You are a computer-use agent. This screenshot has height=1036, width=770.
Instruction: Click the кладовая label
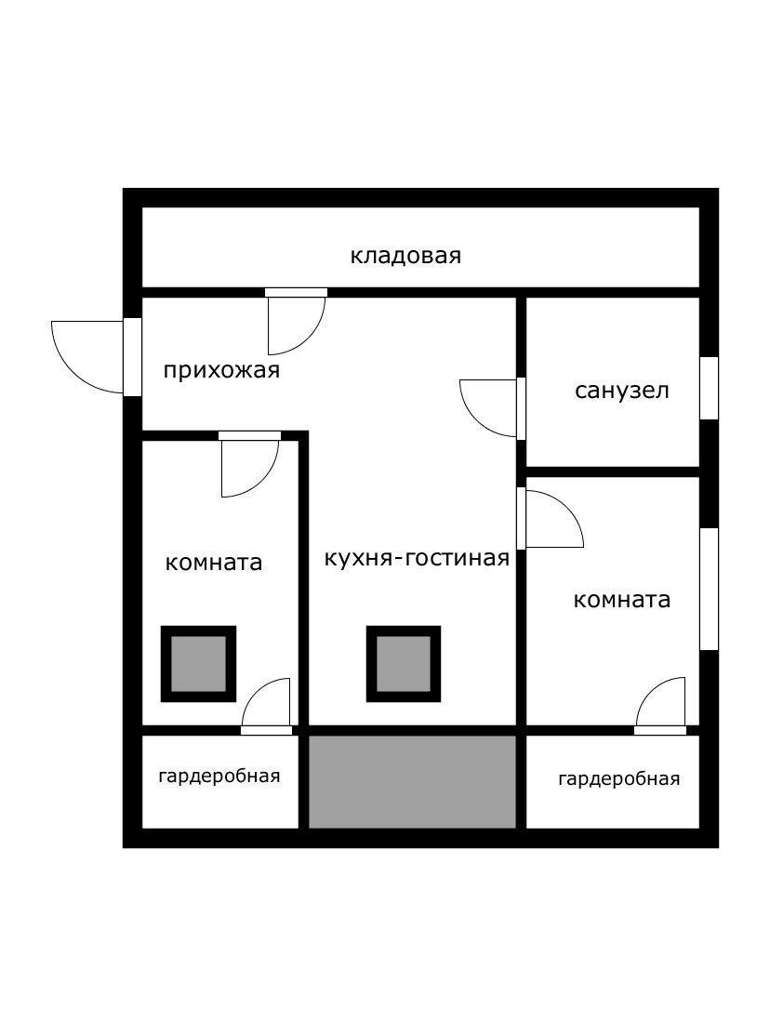(405, 256)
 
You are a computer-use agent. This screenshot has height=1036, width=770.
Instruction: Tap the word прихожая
(221, 371)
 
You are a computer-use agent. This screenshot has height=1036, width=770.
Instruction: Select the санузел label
(622, 390)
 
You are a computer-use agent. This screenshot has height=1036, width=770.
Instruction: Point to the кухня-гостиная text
(417, 558)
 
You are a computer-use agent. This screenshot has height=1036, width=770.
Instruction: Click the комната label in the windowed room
(622, 600)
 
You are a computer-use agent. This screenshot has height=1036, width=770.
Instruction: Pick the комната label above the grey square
(214, 563)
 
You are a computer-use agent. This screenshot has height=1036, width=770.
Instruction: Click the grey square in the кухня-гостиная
(404, 663)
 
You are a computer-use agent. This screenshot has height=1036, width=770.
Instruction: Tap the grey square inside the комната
(198, 663)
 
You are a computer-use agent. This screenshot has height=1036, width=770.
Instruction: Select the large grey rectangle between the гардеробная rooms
(412, 781)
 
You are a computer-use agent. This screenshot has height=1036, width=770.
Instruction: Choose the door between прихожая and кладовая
(296, 322)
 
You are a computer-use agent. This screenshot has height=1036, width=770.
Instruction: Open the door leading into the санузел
(491, 407)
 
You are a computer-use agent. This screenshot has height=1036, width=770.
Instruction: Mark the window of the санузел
(709, 388)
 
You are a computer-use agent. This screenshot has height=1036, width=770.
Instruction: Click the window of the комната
(709, 589)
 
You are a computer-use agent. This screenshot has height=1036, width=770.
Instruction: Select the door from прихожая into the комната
(249, 464)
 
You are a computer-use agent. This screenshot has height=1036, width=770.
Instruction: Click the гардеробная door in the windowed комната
(661, 708)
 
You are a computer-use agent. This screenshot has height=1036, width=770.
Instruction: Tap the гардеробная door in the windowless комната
(268, 708)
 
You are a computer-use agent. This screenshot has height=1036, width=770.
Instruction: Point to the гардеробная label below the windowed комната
(619, 779)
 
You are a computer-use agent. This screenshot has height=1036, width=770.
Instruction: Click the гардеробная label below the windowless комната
(219, 777)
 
